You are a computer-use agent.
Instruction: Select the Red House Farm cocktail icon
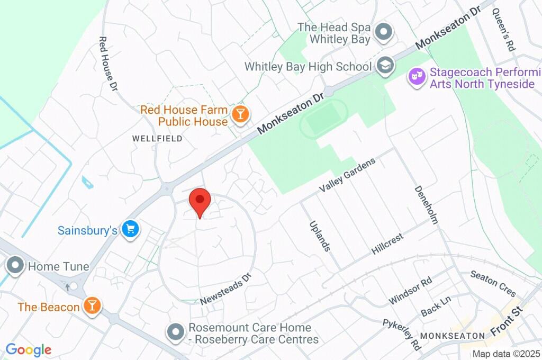click(x=240, y=114)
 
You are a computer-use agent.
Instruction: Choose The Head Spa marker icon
click(x=383, y=33)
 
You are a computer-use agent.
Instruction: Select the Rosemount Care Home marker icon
click(x=175, y=333)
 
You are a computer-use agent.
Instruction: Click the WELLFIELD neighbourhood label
click(x=157, y=139)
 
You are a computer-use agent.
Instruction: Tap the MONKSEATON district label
click(x=453, y=336)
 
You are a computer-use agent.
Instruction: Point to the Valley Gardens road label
click(x=347, y=175)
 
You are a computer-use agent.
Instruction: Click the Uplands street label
click(x=319, y=236)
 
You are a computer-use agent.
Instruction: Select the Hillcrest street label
click(x=387, y=244)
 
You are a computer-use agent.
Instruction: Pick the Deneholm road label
click(x=426, y=204)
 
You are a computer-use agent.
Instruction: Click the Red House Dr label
click(x=108, y=64)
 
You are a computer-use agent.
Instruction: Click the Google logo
click(x=28, y=349)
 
